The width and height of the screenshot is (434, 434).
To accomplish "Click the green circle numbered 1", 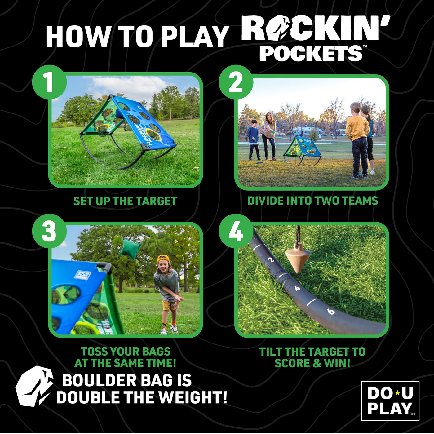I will (49, 82).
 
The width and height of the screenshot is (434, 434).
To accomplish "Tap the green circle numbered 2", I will (236, 82).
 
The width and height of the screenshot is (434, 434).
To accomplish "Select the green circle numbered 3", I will (49, 231).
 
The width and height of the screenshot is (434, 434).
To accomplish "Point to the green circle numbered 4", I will (236, 231).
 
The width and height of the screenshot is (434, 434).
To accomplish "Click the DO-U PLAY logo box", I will (390, 401).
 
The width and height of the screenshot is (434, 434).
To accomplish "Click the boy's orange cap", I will (163, 258).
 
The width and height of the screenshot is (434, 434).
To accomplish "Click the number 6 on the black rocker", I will (331, 311).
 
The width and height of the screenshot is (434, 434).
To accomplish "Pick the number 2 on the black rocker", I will (271, 260).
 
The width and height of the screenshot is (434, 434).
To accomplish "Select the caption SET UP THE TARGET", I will (125, 201).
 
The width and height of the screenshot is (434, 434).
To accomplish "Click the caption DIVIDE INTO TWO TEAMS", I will (312, 201).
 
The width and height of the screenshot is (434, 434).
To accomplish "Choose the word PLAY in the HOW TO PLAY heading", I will (195, 36).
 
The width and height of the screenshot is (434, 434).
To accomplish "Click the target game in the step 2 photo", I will (302, 150).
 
